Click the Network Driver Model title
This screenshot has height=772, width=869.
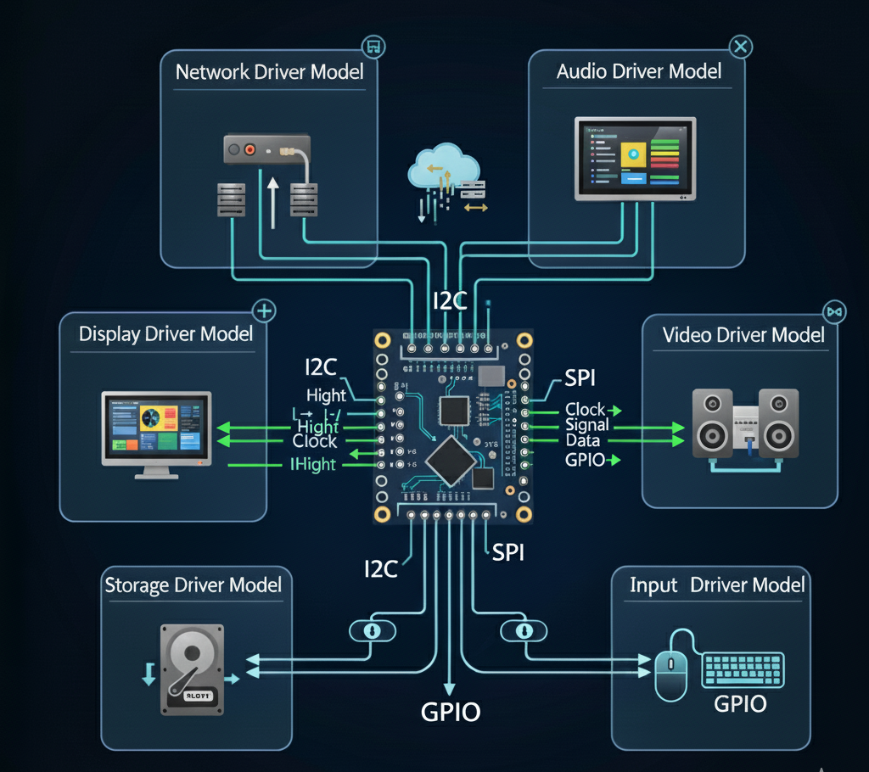[x=269, y=71]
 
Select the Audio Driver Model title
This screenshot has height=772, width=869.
[x=638, y=71]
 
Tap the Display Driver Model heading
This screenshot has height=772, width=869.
[x=166, y=333]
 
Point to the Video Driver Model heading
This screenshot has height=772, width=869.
[x=743, y=335]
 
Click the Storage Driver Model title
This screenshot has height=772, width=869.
[x=193, y=585]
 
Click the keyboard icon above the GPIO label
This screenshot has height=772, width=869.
[x=743, y=669]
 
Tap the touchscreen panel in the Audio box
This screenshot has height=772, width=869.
[x=635, y=159]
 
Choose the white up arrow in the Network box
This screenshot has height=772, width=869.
[x=272, y=202]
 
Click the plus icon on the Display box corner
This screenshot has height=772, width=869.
[x=265, y=311]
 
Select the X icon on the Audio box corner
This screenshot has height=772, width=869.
[x=740, y=47]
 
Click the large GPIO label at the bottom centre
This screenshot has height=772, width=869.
[x=451, y=711]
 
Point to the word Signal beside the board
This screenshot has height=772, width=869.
[x=587, y=425]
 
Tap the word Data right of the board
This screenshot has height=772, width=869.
[x=583, y=441]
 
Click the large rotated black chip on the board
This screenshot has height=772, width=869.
[x=450, y=462]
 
